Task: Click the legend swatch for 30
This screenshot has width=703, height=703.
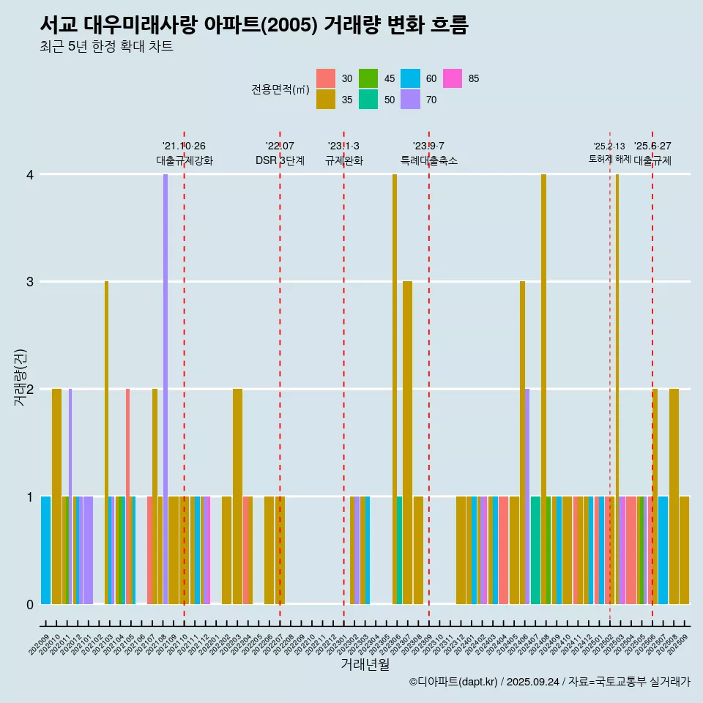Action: coord(326,78)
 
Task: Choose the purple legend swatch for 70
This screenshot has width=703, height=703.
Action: coord(411,100)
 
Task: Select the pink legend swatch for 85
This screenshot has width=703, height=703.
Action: coord(453,78)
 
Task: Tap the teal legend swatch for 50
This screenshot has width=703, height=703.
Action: coord(368,100)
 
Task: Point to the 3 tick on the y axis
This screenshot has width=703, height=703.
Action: coord(29,282)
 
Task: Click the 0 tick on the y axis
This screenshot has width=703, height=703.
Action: coord(29,604)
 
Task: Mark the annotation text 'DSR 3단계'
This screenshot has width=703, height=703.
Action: coord(280,160)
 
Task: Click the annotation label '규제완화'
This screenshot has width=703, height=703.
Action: coord(344,160)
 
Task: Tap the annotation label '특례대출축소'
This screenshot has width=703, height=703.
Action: coord(429,160)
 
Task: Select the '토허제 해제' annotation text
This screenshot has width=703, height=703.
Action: coord(610,159)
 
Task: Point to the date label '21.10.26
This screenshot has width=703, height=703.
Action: coord(184,146)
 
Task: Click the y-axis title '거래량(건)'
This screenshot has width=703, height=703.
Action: coord(21,388)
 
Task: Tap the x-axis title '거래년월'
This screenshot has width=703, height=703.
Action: coord(365,664)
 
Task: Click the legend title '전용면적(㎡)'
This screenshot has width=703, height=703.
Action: coord(280,89)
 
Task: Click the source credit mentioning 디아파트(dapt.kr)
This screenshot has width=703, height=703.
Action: coord(549,682)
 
